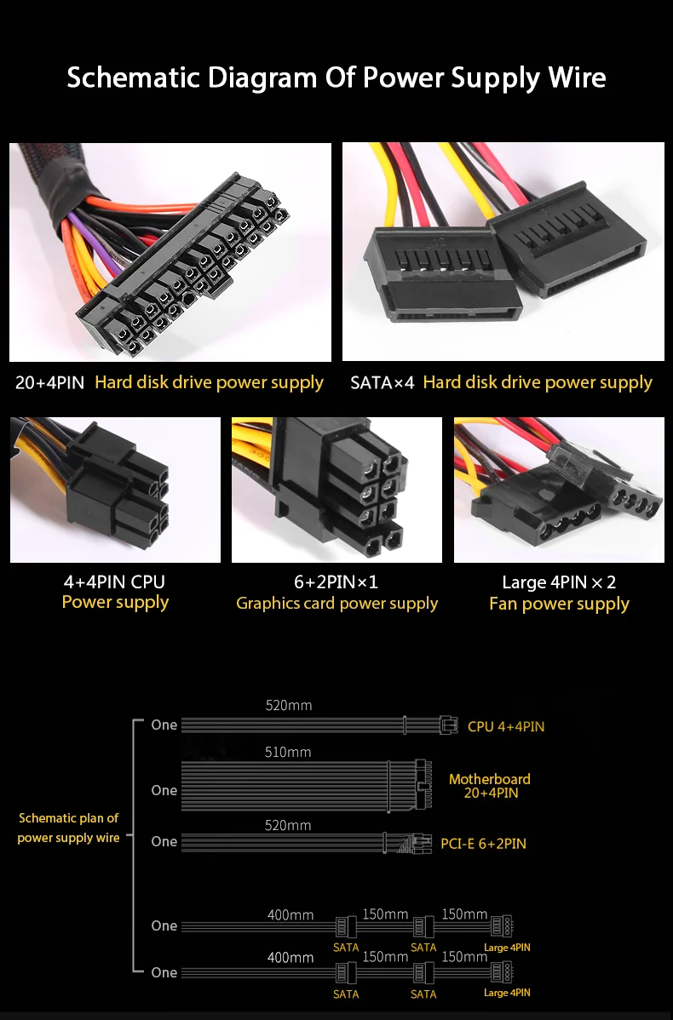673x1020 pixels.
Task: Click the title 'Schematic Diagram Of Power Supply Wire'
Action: coord(336,77)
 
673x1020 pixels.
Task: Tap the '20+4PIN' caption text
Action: coord(49,382)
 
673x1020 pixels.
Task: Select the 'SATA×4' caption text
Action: coord(383,382)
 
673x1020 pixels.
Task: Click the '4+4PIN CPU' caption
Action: coord(114,582)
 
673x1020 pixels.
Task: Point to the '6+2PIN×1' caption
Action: coord(336,582)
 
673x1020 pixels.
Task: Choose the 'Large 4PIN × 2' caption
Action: coord(559,582)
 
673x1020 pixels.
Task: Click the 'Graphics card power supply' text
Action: coord(336,604)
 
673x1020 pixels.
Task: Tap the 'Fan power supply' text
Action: coord(559,604)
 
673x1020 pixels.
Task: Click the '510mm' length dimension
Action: coord(288,752)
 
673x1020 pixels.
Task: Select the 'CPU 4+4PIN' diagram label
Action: coord(506,726)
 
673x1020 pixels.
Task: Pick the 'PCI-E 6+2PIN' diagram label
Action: coord(483,844)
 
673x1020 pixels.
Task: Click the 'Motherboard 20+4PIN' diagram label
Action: coord(490,786)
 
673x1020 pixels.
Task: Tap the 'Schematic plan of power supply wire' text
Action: coord(68,828)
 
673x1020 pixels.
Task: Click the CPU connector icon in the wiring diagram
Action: coord(447,725)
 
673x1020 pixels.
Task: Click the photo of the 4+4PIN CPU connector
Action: coord(115,490)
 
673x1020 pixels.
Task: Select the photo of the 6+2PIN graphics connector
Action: coord(336,490)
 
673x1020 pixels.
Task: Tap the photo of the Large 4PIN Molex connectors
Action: coord(559,490)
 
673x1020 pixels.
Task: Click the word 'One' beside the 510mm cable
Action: coord(164,790)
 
